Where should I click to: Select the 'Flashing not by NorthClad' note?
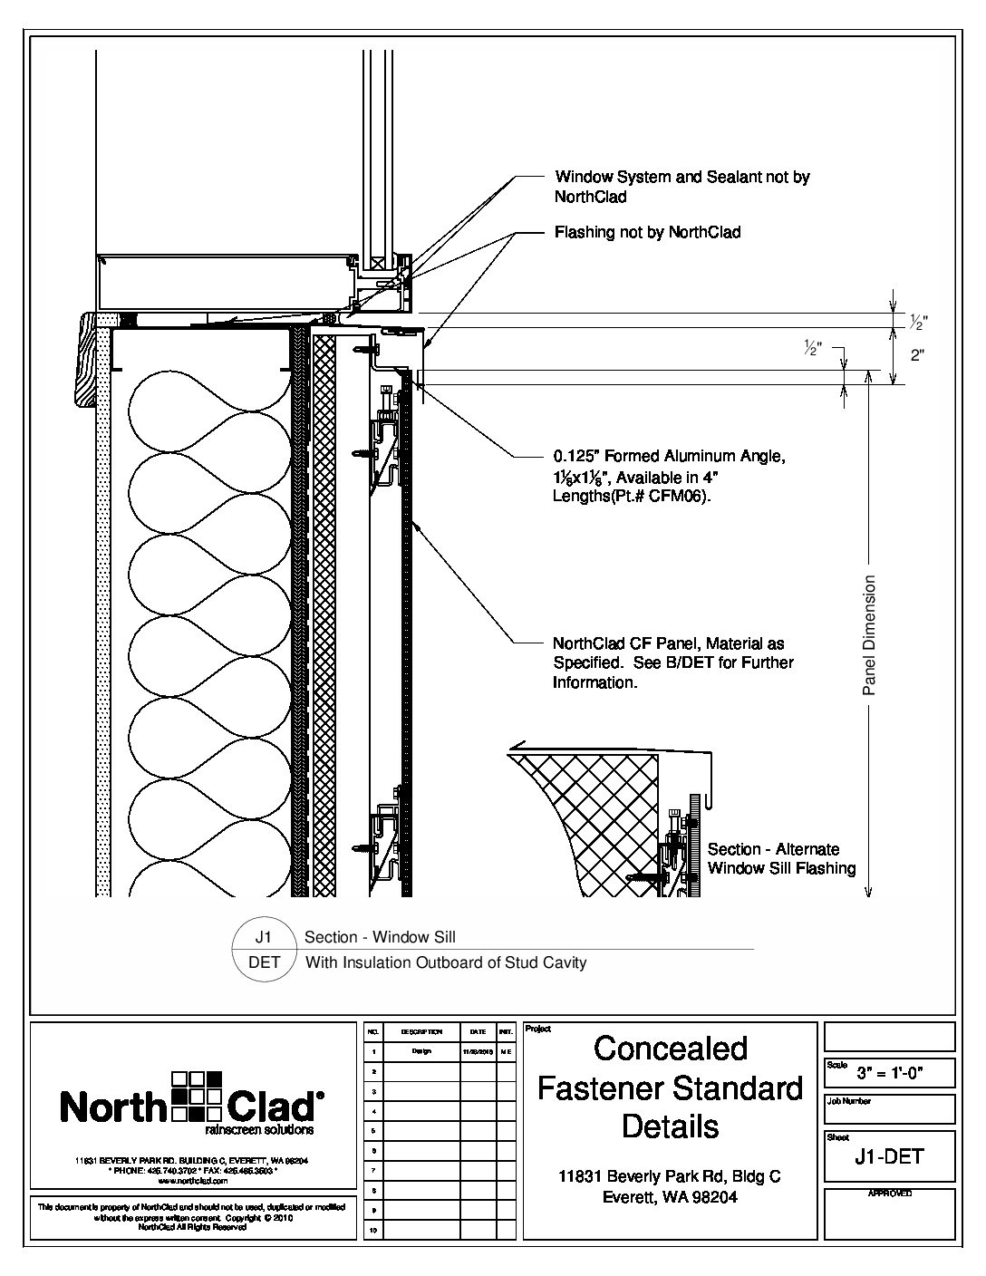point(647,233)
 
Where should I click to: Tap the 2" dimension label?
point(917,355)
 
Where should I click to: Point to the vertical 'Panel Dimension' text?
point(869,635)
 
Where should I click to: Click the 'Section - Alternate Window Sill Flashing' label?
point(781,859)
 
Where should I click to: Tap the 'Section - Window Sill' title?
point(380,937)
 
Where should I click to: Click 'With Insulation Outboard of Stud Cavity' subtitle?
point(445,962)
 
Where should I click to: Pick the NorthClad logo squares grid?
point(197,1094)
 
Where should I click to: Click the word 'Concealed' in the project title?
point(671,1049)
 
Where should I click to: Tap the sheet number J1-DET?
point(889,1157)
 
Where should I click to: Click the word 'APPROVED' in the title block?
point(889,1194)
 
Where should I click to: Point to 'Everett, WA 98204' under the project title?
point(670,1197)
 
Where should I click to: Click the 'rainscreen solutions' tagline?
point(259,1130)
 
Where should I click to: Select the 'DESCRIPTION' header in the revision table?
point(420,1031)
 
